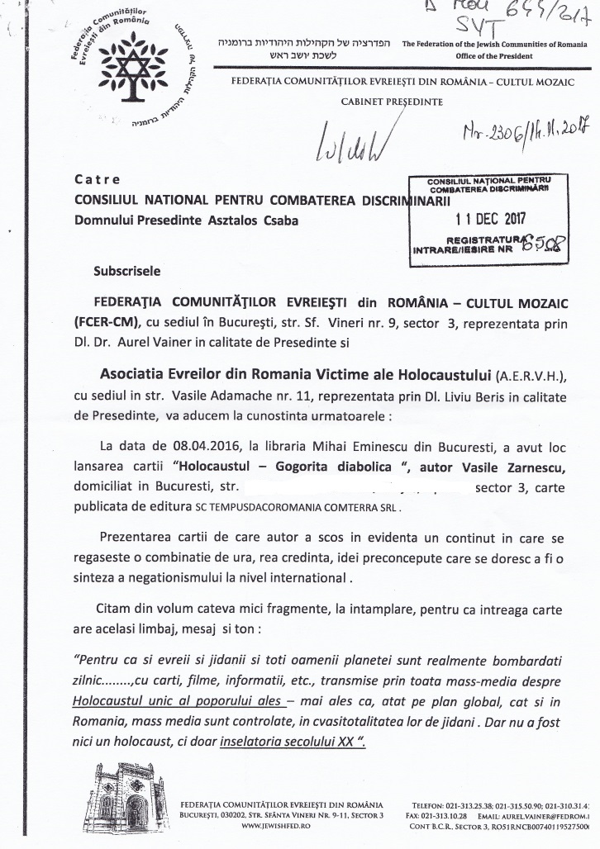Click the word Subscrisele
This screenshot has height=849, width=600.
[127, 270]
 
